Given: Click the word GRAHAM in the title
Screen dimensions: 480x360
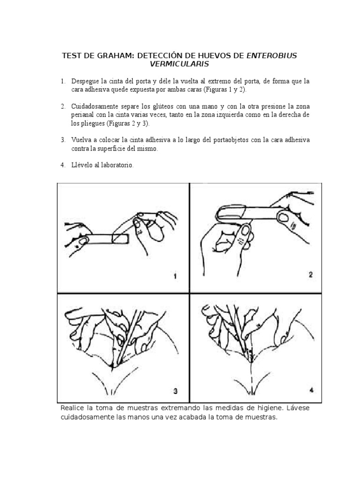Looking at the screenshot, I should (114, 56).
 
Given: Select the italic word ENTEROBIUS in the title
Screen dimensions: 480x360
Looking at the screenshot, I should (271, 56).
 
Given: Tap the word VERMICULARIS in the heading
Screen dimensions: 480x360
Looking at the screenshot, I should (180, 64).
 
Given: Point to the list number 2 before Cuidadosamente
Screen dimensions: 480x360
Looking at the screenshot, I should (63, 106).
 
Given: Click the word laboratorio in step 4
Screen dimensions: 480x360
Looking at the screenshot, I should (115, 165).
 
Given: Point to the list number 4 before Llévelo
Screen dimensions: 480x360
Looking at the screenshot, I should (63, 165).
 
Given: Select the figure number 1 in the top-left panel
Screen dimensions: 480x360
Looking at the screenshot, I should (175, 277).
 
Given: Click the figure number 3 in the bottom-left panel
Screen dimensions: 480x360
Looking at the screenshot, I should (175, 390).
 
